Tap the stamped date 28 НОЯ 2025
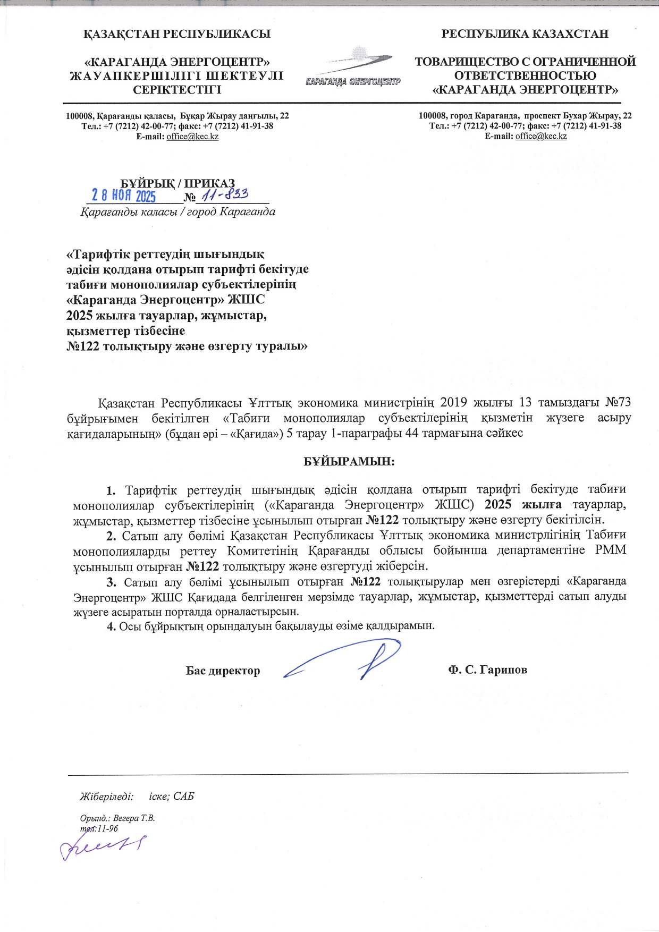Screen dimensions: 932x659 (x=124, y=196)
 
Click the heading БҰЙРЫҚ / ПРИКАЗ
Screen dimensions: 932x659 (x=178, y=184)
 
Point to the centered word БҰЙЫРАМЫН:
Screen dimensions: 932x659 (x=349, y=461)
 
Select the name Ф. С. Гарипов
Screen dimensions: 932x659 (x=487, y=670)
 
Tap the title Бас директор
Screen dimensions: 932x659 (x=223, y=671)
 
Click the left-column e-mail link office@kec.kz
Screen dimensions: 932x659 (x=192, y=137)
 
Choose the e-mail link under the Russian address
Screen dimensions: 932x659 (x=540, y=136)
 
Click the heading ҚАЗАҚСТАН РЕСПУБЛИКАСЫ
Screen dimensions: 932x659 (x=177, y=34)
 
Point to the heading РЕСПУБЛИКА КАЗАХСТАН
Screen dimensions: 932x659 (x=525, y=34)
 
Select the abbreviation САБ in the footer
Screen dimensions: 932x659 (x=183, y=796)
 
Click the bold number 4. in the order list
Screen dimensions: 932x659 (x=111, y=626)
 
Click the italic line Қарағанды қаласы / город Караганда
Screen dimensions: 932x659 (x=178, y=212)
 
